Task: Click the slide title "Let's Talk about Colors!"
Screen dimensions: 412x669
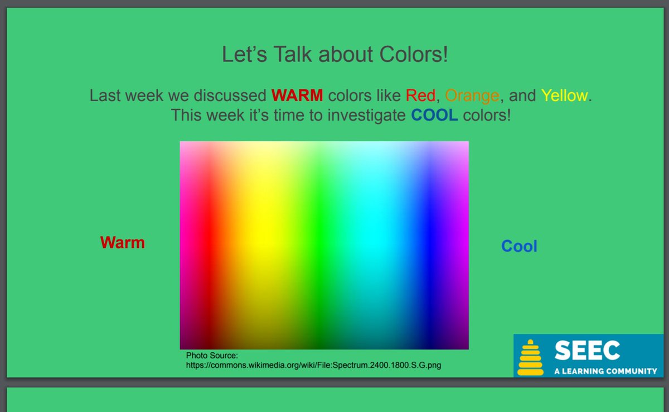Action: click(x=334, y=55)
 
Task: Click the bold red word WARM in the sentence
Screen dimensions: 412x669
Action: click(x=297, y=95)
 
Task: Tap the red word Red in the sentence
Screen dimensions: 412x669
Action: click(x=420, y=95)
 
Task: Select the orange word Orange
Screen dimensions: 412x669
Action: click(x=472, y=95)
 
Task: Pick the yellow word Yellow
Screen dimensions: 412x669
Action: click(x=564, y=95)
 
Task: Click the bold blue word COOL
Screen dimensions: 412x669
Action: click(x=434, y=116)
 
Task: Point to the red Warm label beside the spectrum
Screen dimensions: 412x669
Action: click(x=122, y=242)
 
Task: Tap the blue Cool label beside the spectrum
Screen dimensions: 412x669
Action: click(x=519, y=246)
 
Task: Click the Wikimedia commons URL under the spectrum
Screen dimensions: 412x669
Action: click(x=314, y=365)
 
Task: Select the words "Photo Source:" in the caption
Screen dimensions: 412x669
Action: click(x=212, y=355)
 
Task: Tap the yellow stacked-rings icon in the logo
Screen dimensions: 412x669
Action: click(x=530, y=358)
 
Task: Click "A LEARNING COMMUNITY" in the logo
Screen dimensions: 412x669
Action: click(x=605, y=371)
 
